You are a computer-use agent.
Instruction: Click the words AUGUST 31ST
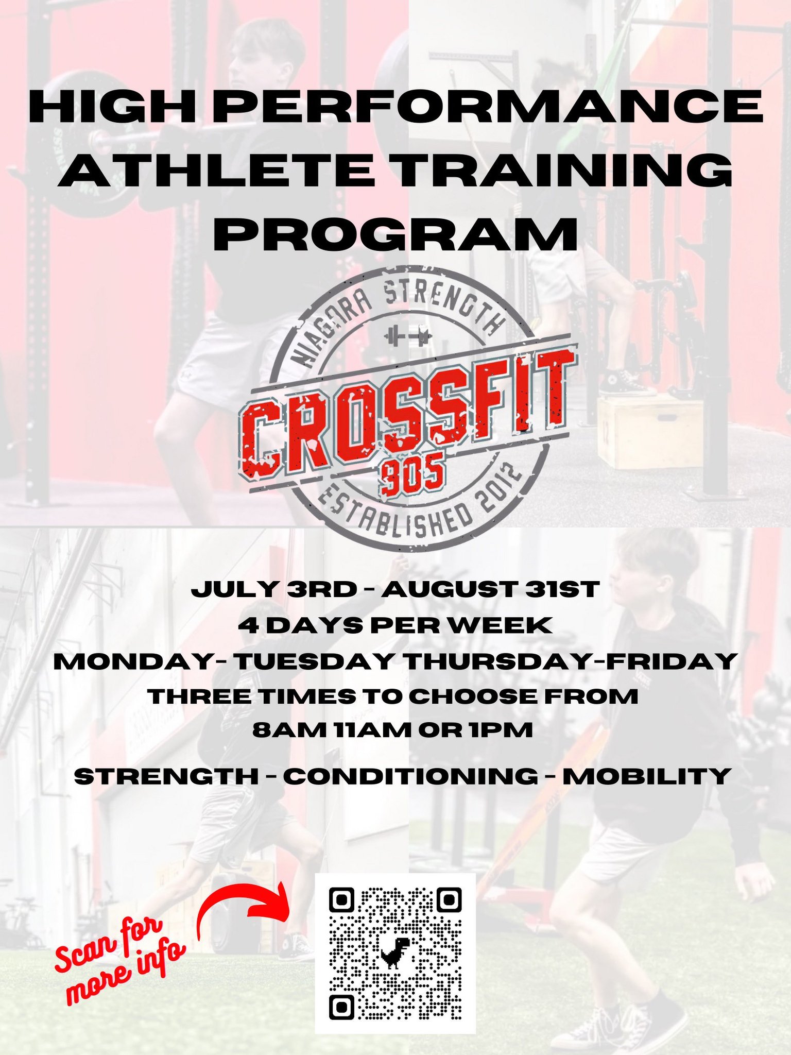point(490,589)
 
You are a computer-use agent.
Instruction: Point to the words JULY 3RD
point(273,589)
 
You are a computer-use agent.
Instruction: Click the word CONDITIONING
point(410,776)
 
